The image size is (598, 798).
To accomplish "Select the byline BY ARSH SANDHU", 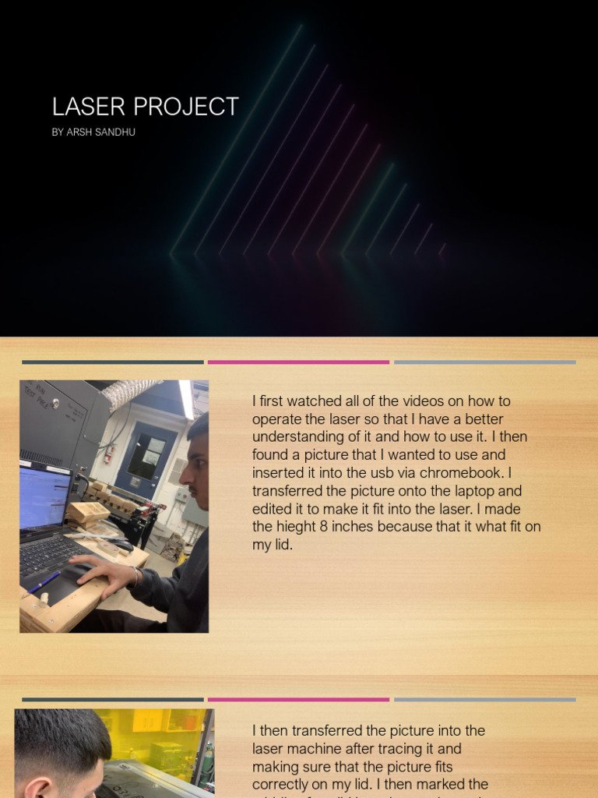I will [x=93, y=132].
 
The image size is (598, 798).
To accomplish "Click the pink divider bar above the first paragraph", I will [x=298, y=362].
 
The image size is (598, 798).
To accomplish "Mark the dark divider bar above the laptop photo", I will [x=112, y=362].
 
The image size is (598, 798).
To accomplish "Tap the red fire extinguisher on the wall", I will [x=108, y=453].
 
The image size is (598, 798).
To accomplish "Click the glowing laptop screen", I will [x=44, y=496].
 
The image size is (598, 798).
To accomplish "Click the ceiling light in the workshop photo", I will [x=187, y=399].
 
